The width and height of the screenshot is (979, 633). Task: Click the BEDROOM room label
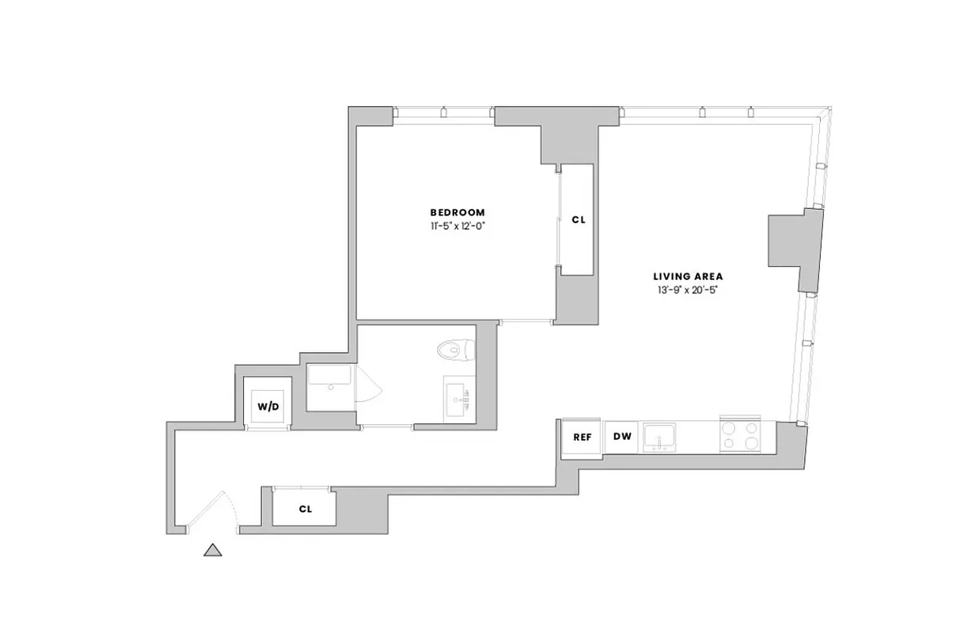coord(457,212)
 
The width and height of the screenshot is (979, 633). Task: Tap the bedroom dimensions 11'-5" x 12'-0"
coord(457,226)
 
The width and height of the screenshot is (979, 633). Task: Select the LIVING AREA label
coord(688,277)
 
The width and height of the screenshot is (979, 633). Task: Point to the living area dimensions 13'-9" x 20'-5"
coord(688,290)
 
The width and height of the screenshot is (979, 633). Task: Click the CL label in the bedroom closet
coord(579,220)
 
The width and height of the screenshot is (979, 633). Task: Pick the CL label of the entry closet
coord(305,509)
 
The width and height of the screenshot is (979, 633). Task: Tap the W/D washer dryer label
coord(268,407)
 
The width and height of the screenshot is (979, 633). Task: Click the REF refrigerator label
coord(582,437)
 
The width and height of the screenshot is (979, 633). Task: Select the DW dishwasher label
coord(622,437)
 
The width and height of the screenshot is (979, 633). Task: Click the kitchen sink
coord(658,436)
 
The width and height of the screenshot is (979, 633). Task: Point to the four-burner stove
coord(739,436)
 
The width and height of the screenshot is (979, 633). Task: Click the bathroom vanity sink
coord(458,400)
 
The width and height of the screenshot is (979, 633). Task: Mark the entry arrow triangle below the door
coord(212,550)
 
